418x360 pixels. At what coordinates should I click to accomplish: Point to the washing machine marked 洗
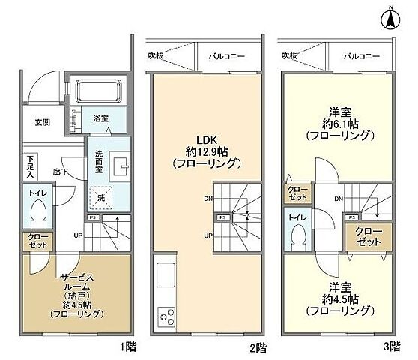pos(100,198)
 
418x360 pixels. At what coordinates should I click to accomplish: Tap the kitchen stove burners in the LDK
pos(165,316)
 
